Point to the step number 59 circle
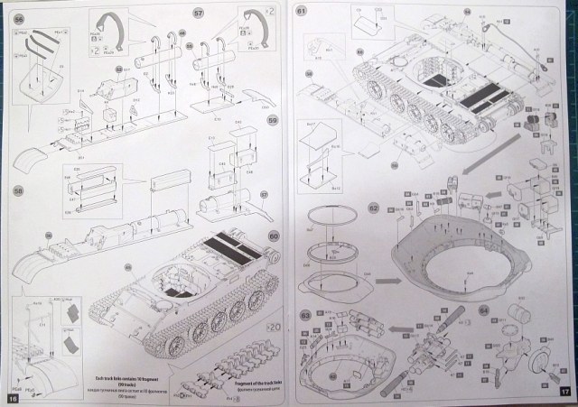point(272,118)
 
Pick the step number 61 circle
point(302,10)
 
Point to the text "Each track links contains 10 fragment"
point(124,372)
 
